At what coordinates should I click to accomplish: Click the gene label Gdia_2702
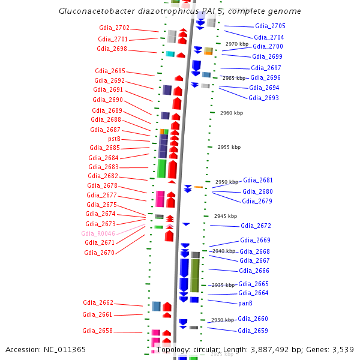(x=114, y=28)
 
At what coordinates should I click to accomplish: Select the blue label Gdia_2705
(x=270, y=26)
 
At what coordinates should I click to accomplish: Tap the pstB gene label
(x=114, y=139)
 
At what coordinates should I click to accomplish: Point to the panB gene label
(x=245, y=303)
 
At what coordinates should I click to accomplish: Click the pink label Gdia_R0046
(x=98, y=233)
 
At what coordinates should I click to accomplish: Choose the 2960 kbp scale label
(x=232, y=113)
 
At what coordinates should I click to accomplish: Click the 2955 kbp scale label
(x=229, y=147)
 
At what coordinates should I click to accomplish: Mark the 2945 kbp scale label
(x=226, y=216)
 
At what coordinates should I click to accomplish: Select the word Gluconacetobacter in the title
(x=95, y=11)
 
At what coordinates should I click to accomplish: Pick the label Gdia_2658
(x=97, y=331)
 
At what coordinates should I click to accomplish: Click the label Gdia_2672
(x=256, y=226)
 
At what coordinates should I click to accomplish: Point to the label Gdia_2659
(x=253, y=331)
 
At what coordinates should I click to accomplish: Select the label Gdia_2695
(x=110, y=71)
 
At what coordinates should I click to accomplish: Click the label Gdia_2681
(x=258, y=180)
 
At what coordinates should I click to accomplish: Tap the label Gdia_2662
(x=98, y=303)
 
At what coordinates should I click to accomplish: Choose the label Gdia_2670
(x=99, y=253)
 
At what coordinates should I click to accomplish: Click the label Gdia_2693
(x=263, y=98)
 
